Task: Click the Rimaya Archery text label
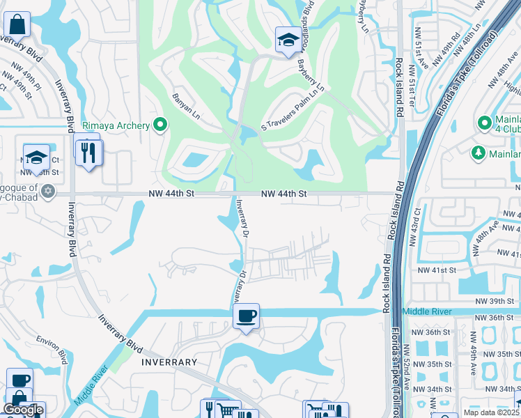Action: (116, 125)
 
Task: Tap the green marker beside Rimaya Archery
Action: (161, 125)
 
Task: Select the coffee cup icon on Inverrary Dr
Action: (245, 317)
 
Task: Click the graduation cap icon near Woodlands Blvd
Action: (287, 40)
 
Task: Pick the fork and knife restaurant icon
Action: (88, 153)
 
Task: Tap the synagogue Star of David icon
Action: (48, 190)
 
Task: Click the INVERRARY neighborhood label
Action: (169, 363)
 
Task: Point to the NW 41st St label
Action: (436, 270)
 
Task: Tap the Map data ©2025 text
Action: (491, 412)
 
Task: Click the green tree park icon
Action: (478, 152)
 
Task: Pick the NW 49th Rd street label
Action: (446, 49)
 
